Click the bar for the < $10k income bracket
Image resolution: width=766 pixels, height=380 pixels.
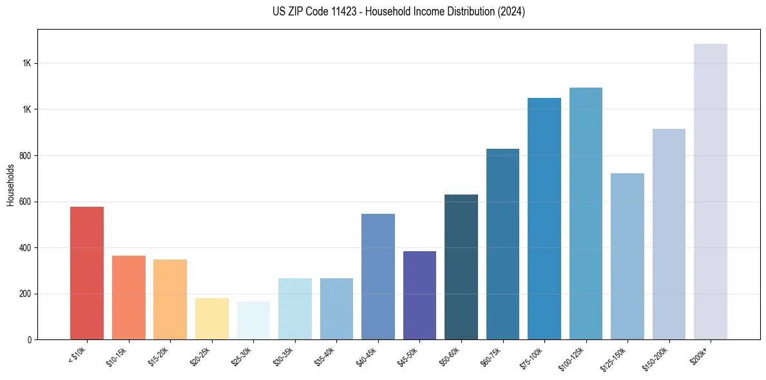(87, 273)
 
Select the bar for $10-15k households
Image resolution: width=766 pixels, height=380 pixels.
(128, 298)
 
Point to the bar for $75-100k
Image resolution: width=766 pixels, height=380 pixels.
(544, 219)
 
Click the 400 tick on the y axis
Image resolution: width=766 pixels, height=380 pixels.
(26, 248)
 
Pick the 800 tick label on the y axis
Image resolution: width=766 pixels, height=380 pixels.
(26, 156)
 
